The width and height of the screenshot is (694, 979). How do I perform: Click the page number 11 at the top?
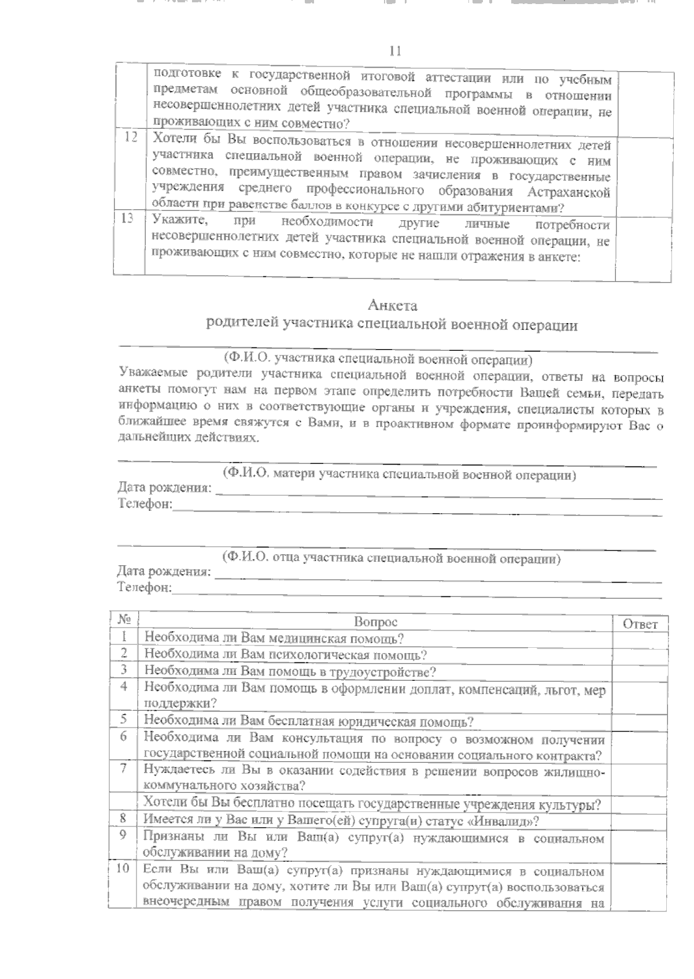(x=395, y=51)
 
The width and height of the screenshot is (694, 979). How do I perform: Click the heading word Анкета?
(x=393, y=305)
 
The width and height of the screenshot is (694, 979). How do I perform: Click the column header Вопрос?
(x=375, y=622)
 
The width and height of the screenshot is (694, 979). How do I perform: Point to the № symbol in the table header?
(x=124, y=620)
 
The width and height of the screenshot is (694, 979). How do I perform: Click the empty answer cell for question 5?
(x=640, y=721)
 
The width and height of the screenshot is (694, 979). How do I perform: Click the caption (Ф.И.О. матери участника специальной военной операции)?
(x=399, y=475)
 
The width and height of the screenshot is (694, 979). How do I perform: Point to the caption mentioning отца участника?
(x=392, y=558)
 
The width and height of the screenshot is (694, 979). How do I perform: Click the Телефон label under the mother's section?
(x=144, y=504)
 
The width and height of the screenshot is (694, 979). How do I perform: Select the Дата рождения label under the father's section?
(x=164, y=572)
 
